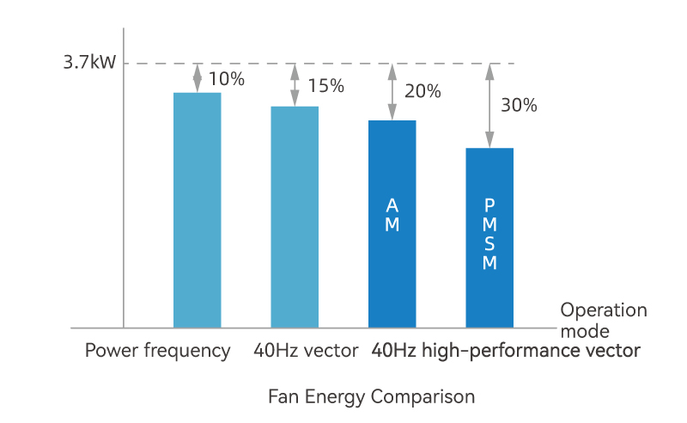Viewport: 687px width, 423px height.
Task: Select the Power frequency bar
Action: [x=197, y=210]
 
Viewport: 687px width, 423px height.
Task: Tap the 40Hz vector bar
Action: [x=295, y=217]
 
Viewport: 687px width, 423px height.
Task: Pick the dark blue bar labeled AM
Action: [x=392, y=258]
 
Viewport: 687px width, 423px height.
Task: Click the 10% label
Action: [x=227, y=79]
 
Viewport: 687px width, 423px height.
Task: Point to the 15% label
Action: [x=325, y=86]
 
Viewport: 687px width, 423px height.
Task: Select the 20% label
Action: [x=423, y=91]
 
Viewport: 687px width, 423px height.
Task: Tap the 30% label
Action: [x=519, y=106]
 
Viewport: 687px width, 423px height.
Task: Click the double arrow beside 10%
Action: [x=198, y=77]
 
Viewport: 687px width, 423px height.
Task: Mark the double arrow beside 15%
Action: [x=295, y=84]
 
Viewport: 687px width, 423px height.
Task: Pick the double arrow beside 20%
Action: [x=392, y=91]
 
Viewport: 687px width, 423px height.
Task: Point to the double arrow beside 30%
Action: [x=489, y=106]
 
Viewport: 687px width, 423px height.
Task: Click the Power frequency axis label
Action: [x=157, y=351]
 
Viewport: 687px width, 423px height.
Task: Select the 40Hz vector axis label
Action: [x=306, y=351]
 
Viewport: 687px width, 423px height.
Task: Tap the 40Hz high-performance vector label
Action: [x=506, y=351]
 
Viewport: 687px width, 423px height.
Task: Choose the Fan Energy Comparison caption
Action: [x=371, y=396]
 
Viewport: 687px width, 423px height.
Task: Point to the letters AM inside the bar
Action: [x=392, y=215]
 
